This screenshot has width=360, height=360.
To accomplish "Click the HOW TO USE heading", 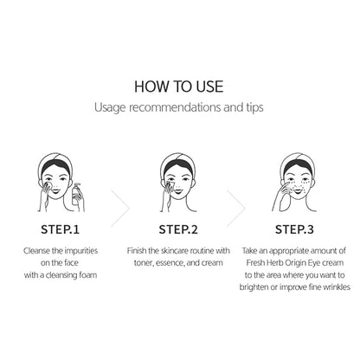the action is tap(179, 87).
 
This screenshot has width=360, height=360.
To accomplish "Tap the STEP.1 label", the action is tap(60, 229).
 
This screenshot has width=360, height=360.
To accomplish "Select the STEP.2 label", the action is tap(178, 229).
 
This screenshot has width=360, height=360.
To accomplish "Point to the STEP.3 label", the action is tap(294, 229).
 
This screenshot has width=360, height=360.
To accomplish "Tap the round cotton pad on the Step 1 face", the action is tap(48, 186).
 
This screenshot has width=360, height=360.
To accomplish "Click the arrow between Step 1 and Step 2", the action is tap(120, 209).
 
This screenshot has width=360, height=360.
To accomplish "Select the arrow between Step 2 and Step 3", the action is tap(236, 209).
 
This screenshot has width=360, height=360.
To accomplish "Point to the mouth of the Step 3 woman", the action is tap(298, 190).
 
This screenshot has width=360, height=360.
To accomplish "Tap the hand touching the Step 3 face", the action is tap(280, 196).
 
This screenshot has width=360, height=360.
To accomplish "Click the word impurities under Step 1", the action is tap(81, 251).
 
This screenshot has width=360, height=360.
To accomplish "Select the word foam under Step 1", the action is tap(88, 275).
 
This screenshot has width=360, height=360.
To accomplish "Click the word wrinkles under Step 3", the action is tap(337, 287).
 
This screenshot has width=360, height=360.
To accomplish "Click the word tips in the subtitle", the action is tap(254, 107).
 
